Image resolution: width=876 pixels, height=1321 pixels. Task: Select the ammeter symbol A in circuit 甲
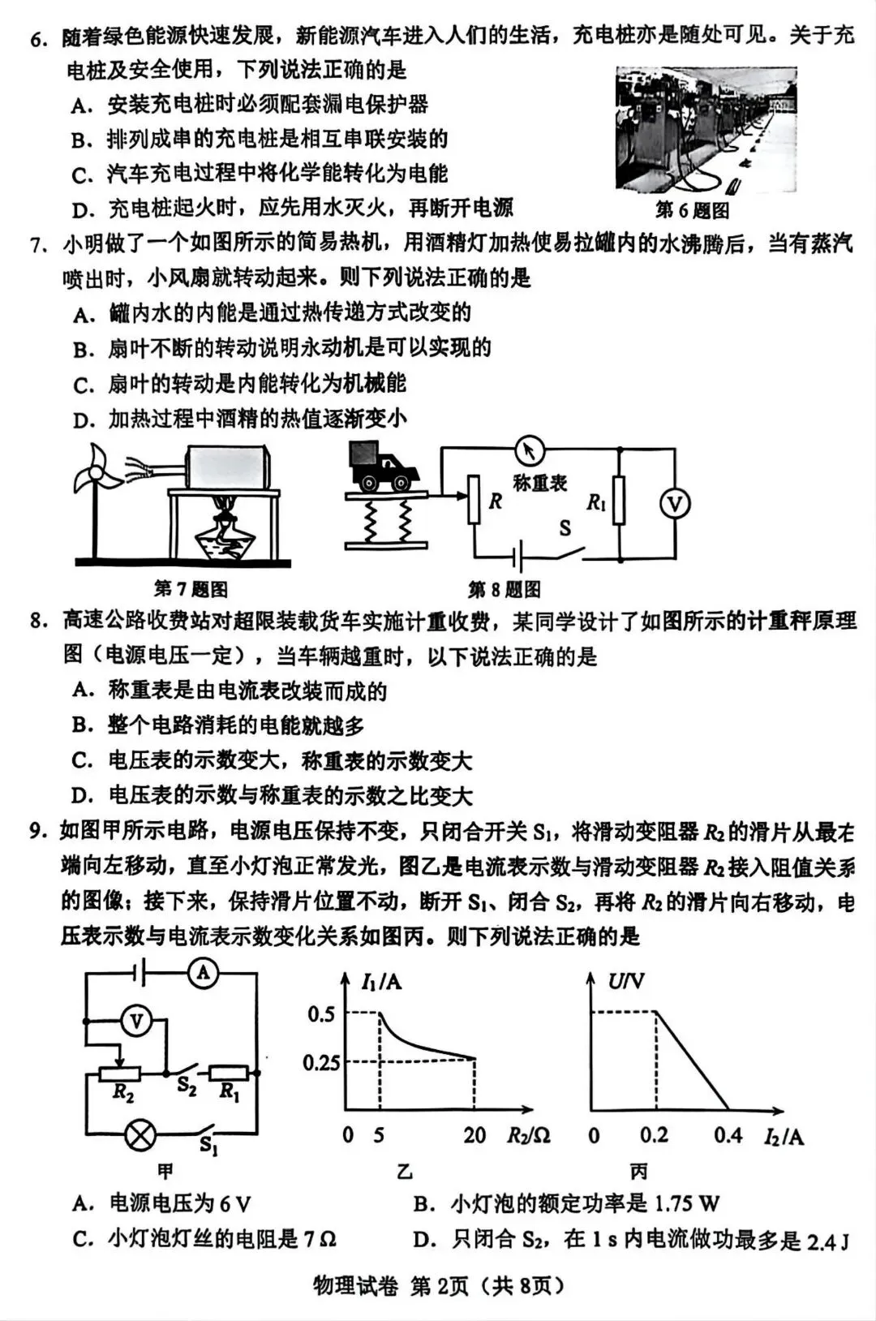(x=203, y=973)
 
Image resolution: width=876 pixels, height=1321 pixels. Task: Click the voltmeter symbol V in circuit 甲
(x=136, y=1022)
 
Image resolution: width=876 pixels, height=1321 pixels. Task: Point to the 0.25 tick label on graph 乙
(x=321, y=1062)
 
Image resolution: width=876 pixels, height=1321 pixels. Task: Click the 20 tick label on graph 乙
(x=474, y=1135)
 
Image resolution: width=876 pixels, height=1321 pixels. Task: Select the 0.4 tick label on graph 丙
(x=728, y=1135)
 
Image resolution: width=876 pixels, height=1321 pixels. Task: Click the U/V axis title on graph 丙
(x=626, y=982)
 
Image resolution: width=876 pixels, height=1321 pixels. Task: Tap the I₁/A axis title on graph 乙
(x=381, y=982)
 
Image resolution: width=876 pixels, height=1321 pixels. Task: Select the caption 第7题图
(x=191, y=589)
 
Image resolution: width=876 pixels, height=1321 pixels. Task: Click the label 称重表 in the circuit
(x=539, y=483)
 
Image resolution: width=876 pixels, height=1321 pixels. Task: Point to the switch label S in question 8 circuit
(x=565, y=528)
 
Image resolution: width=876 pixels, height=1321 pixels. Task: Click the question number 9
(x=36, y=831)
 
